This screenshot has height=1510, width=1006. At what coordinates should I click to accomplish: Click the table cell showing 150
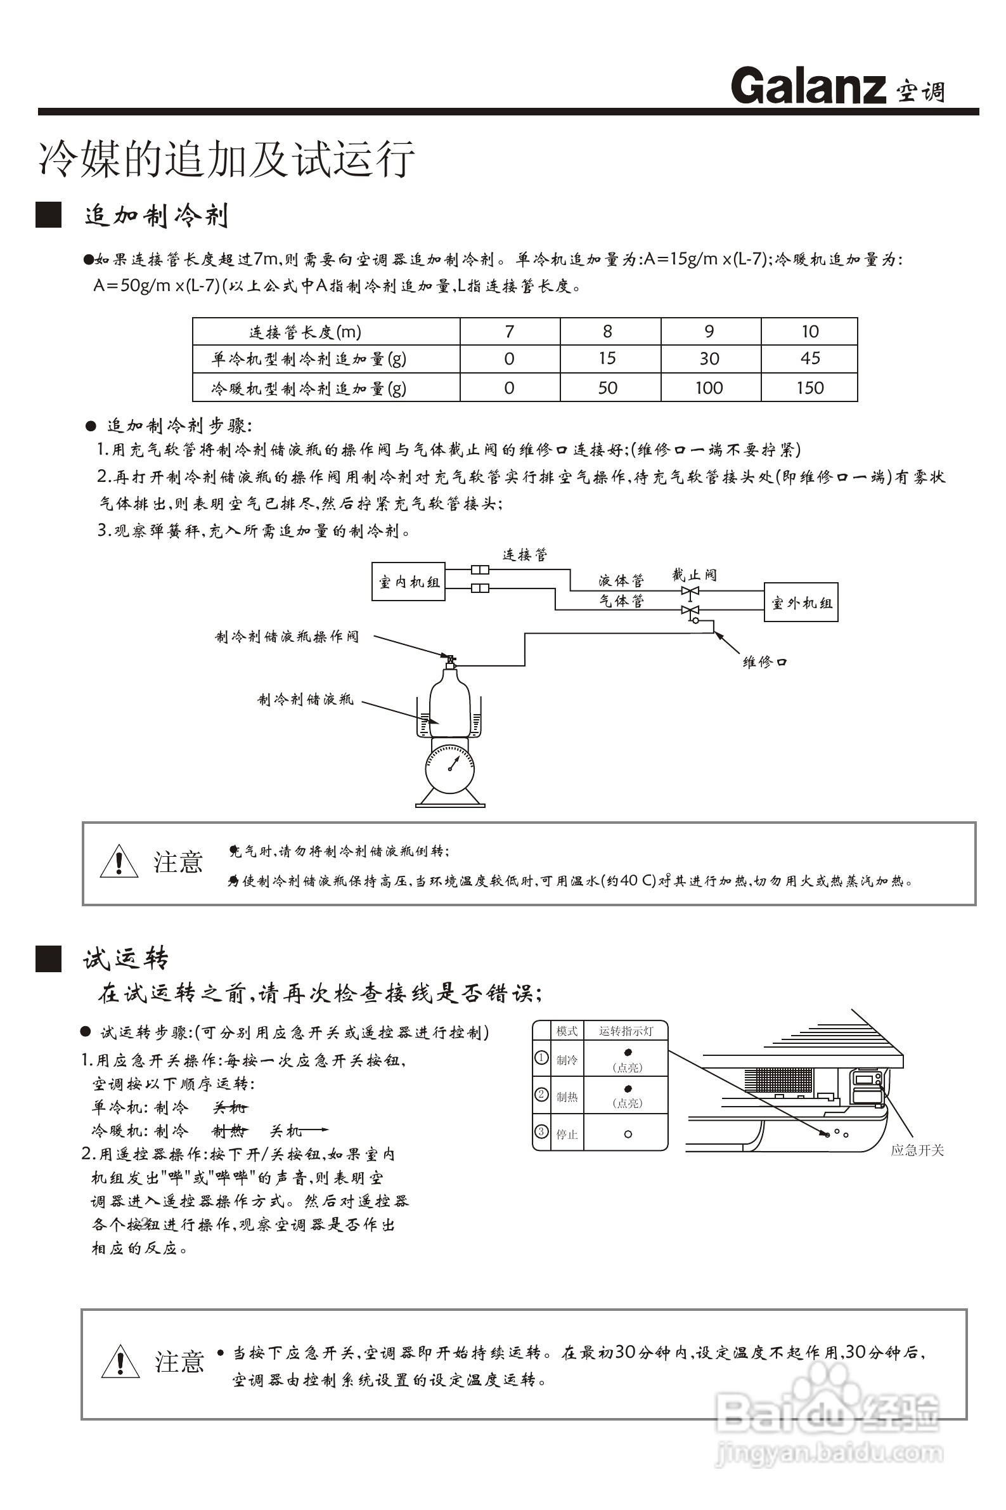pos(809,387)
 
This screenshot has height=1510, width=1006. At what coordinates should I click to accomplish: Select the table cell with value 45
pos(809,358)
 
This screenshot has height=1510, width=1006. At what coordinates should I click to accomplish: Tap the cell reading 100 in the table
pos(709,387)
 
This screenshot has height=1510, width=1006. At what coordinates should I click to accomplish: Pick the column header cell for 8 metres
pos(607,331)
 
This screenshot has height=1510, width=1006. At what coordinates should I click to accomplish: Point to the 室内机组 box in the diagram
pos(409,582)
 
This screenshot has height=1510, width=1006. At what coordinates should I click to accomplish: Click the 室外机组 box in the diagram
pos(801,602)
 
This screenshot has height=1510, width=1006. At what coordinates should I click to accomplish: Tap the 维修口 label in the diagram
pos(764,661)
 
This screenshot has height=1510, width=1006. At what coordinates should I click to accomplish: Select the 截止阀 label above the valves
pos(694,575)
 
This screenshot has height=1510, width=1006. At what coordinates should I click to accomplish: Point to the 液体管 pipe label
pos(621,580)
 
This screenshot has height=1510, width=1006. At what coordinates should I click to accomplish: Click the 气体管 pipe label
pos(621,601)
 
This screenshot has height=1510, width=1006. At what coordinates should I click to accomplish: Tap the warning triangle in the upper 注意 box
pos(119,862)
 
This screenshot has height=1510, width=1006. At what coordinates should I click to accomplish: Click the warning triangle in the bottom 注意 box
pos(120,1360)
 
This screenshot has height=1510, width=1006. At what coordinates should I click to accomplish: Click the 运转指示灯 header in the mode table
pos(626,1031)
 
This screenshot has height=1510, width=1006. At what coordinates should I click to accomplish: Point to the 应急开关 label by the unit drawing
pos(917,1150)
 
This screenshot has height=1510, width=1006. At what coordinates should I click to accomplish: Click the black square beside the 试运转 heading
pos(49,959)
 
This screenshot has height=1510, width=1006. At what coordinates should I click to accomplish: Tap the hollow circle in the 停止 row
pos(628,1134)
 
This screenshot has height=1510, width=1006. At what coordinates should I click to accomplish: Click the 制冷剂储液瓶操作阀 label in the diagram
pos(287,637)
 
